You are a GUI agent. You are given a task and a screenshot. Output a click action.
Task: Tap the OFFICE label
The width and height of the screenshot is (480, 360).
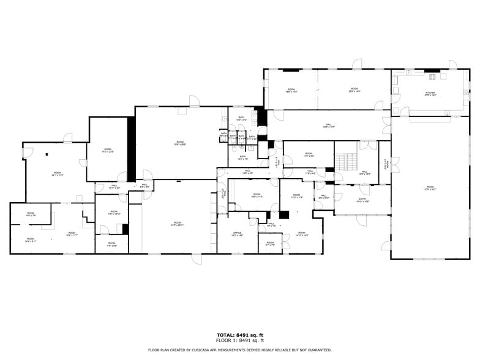pos(238,234)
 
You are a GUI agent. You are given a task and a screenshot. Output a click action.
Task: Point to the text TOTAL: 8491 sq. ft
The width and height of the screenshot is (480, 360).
pos(240,335)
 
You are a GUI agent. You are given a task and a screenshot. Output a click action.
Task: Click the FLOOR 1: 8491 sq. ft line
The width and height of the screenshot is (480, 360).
pos(240,340)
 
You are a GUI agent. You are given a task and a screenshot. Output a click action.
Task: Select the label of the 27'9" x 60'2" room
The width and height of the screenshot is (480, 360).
pos(430,188)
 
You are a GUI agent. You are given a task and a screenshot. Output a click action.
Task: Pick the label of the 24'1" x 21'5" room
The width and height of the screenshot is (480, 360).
pos(57,174)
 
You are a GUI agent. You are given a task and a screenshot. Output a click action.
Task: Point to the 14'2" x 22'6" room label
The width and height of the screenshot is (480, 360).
pos(108,150)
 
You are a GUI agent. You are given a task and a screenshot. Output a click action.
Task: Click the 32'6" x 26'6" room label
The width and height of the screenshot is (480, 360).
pos(180,144)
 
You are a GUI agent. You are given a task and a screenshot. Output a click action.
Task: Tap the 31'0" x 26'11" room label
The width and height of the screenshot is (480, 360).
pos(177,223)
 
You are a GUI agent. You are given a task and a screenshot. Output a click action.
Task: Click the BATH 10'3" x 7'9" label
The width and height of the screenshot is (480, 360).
pos(243,157)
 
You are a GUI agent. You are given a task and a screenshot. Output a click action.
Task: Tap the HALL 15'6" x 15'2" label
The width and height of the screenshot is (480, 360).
pos(364,173)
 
